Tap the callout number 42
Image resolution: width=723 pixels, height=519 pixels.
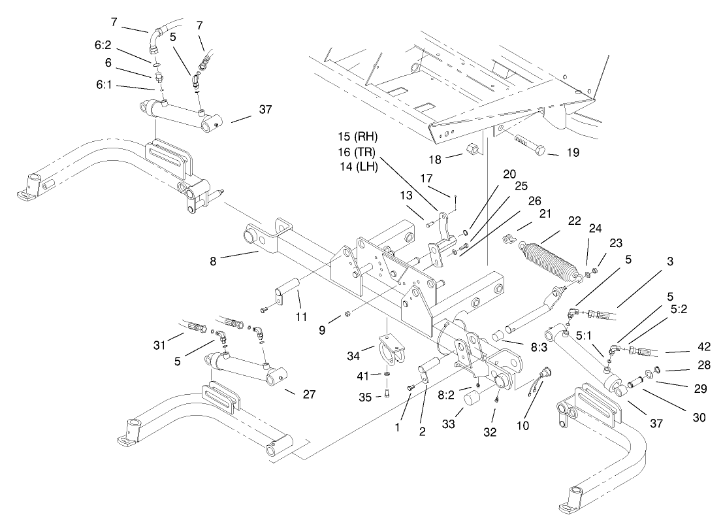click(x=686, y=347)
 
